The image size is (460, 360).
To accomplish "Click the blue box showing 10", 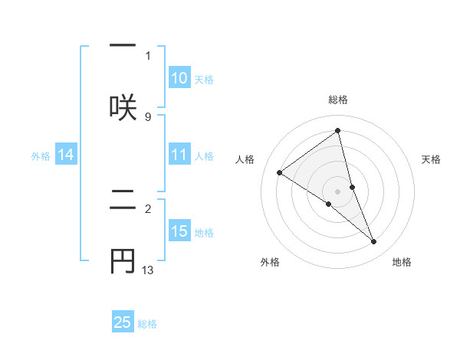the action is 179,78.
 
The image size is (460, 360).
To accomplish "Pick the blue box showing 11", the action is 179,155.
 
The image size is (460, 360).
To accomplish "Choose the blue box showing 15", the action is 179,231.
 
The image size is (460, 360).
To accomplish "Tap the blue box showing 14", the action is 66,155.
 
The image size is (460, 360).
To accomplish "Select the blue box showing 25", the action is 123,322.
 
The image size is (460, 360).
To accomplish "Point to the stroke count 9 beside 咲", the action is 148,116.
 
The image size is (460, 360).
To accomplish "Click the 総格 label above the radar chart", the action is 338,100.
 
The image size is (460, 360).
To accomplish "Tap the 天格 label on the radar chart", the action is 432,159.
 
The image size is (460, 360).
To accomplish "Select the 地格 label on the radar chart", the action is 402,262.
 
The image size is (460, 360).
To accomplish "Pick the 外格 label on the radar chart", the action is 270,262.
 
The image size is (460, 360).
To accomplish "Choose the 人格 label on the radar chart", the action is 245,159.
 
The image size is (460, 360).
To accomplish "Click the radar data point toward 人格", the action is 279,172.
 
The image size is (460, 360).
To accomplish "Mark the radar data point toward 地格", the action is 374,242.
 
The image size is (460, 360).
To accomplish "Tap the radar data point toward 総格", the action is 338,131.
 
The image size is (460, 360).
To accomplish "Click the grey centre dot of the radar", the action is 338,191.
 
